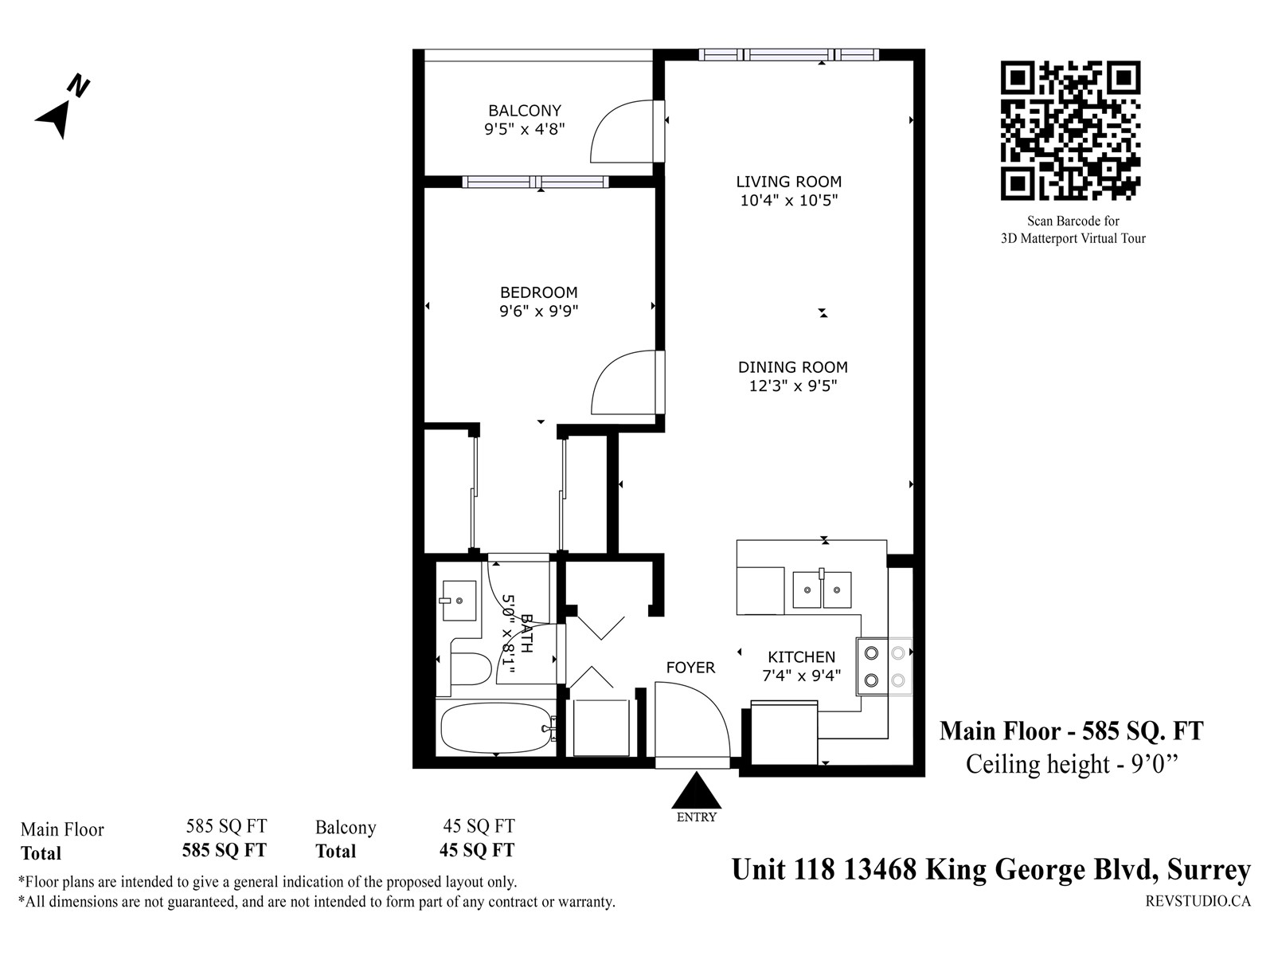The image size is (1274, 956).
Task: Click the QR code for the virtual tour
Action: [x=1070, y=131]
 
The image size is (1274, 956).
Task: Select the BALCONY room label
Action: [x=525, y=110]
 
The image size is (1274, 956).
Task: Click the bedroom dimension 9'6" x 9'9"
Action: [x=538, y=311]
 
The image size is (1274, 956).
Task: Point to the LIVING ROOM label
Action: [x=789, y=182]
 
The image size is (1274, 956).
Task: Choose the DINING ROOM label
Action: [x=793, y=366]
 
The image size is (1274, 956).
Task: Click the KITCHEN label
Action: [x=802, y=656]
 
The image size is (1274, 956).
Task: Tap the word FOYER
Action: [x=690, y=668]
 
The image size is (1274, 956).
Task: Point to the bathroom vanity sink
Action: [x=458, y=600]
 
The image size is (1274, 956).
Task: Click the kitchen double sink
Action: [x=822, y=590]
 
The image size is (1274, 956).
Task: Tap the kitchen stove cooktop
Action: [x=884, y=666]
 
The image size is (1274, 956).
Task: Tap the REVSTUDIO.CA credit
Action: [x=1198, y=901]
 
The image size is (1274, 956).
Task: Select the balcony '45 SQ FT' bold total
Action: [x=477, y=850]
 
